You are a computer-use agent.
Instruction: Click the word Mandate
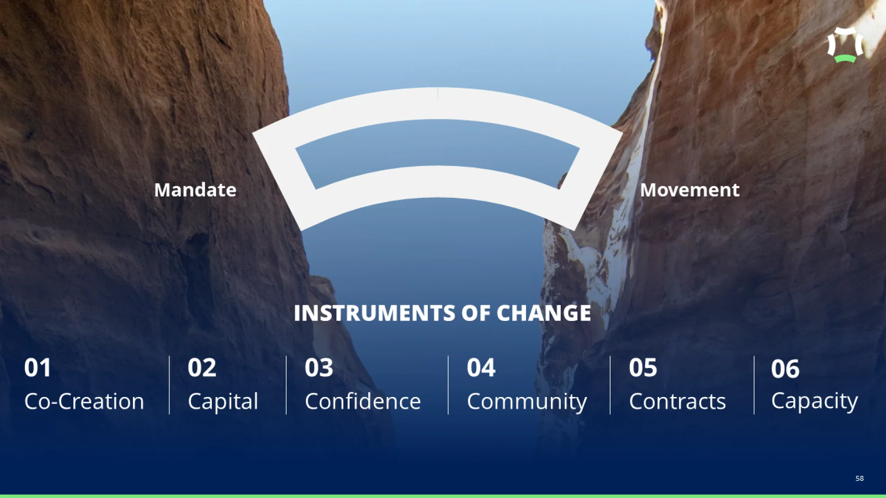pos(195,190)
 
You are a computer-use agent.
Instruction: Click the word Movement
pos(690,190)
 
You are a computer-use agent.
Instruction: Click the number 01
pos(38,368)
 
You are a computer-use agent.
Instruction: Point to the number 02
pos(202,368)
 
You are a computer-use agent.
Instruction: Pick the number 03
pos(319,368)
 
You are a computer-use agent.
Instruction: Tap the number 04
pos(481,368)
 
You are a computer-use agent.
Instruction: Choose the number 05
pos(643,368)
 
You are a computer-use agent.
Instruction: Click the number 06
pos(785,369)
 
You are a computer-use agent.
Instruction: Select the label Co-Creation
pos(84,402)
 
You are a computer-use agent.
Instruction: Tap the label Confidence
pos(363,401)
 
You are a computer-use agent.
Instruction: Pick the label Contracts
pos(677,402)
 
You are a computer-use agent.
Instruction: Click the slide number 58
pos(860,478)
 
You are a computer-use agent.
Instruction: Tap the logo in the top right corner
pos(845,45)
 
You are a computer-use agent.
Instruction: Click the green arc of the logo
pos(845,59)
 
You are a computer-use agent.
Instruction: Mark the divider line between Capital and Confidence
pos(286,385)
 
